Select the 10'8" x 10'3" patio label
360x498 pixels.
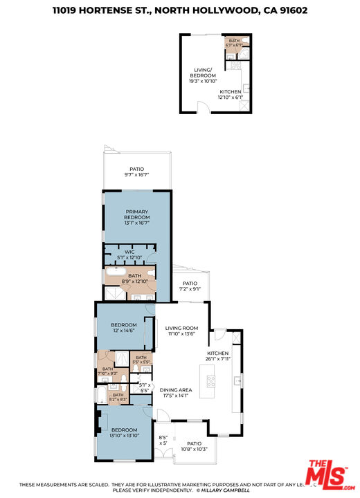click(194, 447)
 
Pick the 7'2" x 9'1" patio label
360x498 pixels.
click(190, 286)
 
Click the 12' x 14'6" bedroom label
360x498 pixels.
click(124, 327)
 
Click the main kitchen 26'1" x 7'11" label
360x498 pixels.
click(218, 356)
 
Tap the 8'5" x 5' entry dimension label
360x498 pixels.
click(163, 440)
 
